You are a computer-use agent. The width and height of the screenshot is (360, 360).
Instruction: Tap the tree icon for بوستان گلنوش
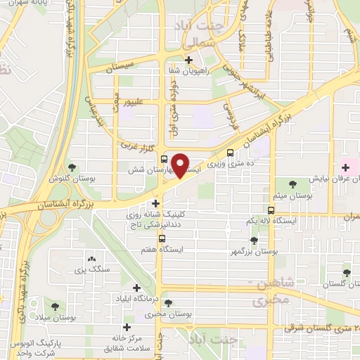tap(72, 167)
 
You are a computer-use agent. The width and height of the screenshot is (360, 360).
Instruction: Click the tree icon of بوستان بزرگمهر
tap(254, 240)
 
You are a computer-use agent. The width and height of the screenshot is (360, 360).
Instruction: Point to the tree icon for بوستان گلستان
tap(346, 273)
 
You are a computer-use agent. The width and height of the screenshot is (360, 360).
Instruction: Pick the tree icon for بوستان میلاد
tap(56, 306)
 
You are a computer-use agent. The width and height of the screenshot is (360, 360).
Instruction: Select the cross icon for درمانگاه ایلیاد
tap(138, 288)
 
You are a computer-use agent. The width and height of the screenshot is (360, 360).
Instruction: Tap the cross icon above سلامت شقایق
tap(127, 326)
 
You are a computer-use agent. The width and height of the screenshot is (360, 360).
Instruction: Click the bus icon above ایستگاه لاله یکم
tap(271, 210)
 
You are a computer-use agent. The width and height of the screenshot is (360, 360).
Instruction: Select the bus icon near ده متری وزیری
tap(230, 155)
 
